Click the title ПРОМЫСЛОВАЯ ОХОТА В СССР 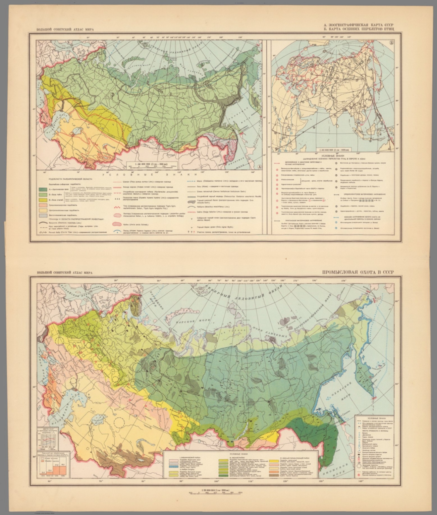coord(358,272)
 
